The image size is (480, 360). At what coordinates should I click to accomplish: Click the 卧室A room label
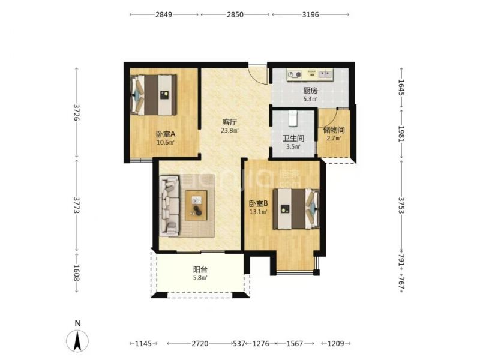coord(166,134)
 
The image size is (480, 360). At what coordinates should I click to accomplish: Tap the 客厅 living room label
coord(230,122)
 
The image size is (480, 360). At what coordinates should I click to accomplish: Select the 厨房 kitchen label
coord(310,91)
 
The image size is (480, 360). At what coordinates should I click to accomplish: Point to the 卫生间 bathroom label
coord(293,139)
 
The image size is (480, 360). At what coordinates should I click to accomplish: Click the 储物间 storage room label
coord(334,130)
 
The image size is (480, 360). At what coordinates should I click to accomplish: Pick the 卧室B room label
coord(259,203)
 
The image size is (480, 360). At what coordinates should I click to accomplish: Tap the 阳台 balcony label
coord(200,269)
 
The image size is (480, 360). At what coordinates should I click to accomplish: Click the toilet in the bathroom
coord(293,118)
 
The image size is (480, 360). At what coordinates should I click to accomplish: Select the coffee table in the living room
coord(196,205)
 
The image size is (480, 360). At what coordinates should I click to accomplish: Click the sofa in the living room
coord(169,206)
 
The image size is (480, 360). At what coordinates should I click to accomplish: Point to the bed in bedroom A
coord(154,95)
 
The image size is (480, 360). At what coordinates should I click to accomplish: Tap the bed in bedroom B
coord(296,209)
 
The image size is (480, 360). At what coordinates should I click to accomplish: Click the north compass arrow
coord(77,341)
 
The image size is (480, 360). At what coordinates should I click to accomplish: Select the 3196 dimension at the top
coord(310,14)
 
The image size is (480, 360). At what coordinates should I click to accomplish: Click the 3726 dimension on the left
coord(77,112)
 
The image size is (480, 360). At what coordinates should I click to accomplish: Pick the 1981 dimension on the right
coord(401,134)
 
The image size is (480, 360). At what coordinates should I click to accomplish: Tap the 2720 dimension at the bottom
coord(200,343)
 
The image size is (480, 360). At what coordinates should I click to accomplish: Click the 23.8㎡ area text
coord(230,130)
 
